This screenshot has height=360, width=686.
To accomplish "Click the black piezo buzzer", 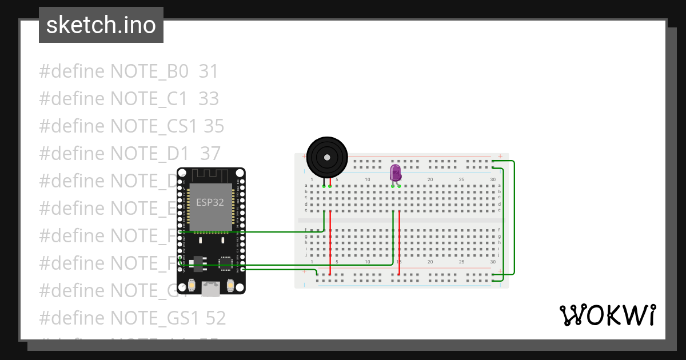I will [326, 157].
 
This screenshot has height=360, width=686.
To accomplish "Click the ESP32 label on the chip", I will [210, 202].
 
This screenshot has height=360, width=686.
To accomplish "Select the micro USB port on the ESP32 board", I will [210, 289].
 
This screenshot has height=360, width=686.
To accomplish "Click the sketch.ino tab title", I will [101, 25].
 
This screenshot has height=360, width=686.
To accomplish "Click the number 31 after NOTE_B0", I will [209, 71].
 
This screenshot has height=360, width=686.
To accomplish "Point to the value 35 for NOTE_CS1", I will [214, 126].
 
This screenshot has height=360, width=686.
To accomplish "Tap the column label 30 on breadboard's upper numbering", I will [493, 179].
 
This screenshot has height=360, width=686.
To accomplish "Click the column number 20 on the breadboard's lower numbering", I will [430, 262].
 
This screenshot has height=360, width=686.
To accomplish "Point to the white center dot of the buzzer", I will [326, 157].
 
